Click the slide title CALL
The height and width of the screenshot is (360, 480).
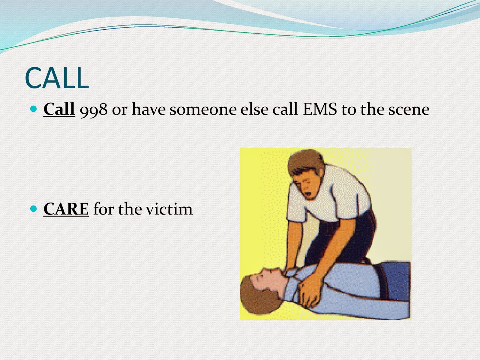pos(57,78)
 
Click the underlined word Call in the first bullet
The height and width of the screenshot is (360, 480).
pos(59,109)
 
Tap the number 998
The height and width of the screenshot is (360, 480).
pos(94,109)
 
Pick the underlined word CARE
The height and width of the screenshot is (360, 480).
pos(66,209)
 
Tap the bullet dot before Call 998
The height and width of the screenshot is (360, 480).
pos(34,108)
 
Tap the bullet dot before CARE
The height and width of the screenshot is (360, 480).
pos(34,208)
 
